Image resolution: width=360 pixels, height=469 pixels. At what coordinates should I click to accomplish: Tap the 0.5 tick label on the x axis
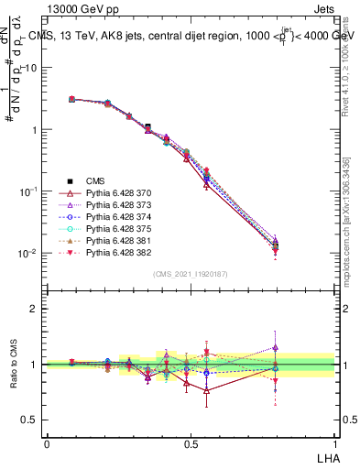coord(191,442)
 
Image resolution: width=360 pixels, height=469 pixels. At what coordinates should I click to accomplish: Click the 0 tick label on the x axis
coord(47,442)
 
